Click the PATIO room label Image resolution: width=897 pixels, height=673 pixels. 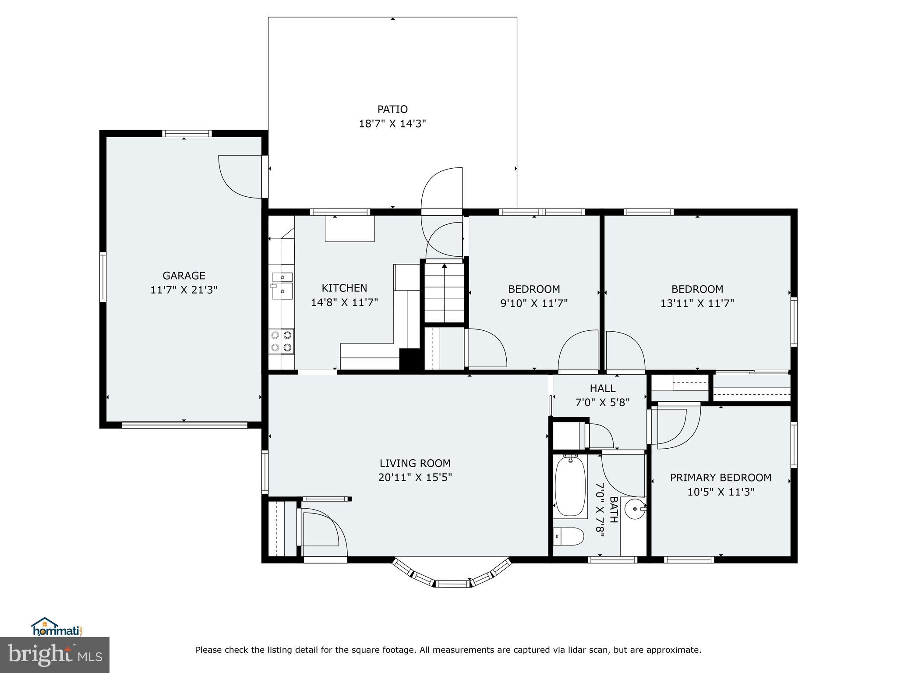coord(392,109)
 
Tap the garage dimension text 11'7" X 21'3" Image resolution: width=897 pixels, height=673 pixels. coord(184,290)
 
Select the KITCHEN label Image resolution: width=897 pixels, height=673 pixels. coord(344,288)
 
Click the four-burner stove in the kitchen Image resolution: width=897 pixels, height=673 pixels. coord(281,341)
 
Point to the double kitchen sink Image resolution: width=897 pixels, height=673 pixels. coord(283,285)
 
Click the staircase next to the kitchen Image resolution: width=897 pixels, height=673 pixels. coord(444,291)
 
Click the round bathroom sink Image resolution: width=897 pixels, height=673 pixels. coord(635,509)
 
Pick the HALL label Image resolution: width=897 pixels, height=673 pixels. coord(602,388)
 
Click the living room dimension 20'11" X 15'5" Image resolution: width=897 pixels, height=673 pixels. coord(415,477)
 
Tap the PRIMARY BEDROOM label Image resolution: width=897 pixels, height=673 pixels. coord(720,478)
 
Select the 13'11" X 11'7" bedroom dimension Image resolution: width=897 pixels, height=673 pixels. coord(697,303)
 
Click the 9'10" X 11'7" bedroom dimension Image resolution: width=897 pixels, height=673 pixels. coord(534,303)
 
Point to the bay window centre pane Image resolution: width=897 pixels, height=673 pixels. coord(453,584)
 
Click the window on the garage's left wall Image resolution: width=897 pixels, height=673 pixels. coord(103,276)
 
